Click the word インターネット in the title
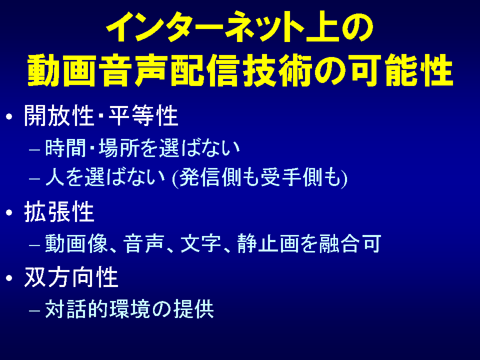(205, 26)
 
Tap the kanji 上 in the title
(322, 26)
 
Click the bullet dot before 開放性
(9, 116)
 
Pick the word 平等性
(143, 115)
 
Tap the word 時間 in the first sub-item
(65, 148)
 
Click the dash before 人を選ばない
(34, 178)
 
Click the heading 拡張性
(59, 211)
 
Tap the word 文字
(201, 243)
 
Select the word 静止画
(268, 243)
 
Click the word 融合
(339, 243)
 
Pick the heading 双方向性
(71, 277)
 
